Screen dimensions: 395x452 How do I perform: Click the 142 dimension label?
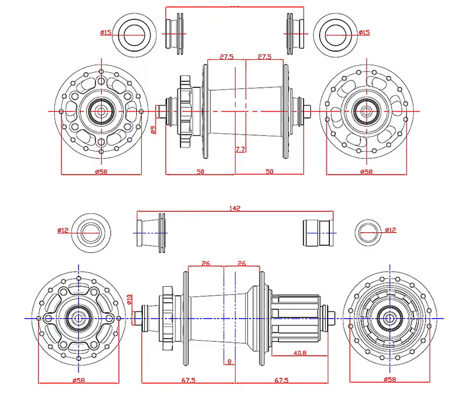[x=235, y=208]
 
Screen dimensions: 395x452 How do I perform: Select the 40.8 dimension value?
[x=299, y=353]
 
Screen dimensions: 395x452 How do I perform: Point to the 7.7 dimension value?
[x=240, y=149]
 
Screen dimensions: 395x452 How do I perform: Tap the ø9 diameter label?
[x=153, y=129]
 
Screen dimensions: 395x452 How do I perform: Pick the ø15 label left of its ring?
[x=106, y=33]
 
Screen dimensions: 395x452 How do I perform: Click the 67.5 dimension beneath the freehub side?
[x=282, y=380]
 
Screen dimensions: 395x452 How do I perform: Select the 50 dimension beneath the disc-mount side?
[x=200, y=171]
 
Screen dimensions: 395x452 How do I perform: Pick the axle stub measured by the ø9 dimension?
[x=161, y=111]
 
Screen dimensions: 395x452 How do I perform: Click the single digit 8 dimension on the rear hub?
[x=230, y=361]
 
